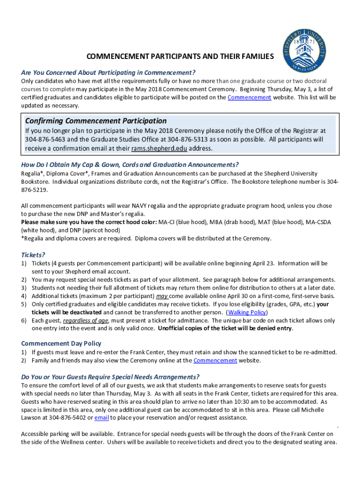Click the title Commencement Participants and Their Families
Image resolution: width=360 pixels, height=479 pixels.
(x=180, y=57)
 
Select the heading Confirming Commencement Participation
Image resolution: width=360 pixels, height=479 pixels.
(x=96, y=121)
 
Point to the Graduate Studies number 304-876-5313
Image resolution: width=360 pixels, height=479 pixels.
(x=187, y=139)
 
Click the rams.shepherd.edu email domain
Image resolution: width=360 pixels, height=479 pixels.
(x=152, y=148)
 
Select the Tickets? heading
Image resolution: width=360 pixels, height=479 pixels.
(x=33, y=255)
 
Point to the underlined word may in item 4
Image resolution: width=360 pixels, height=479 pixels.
(x=162, y=296)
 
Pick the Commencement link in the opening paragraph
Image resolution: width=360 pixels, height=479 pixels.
(x=249, y=97)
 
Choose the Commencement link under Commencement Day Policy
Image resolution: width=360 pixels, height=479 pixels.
(x=215, y=361)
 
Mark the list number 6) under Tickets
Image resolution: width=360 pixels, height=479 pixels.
(x=24, y=320)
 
